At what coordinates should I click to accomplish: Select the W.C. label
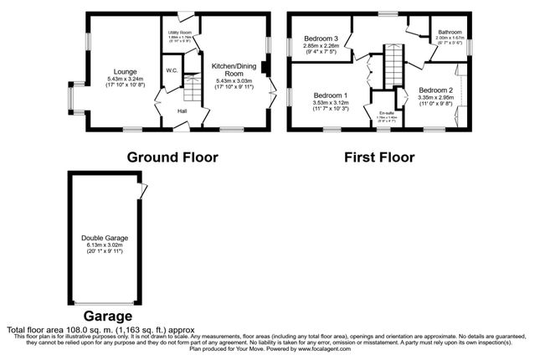[x=170, y=69]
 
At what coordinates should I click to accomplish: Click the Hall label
[x=183, y=110]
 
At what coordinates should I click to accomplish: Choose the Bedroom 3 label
[x=320, y=39]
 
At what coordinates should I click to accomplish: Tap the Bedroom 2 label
[x=435, y=90]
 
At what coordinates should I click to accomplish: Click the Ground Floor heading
[x=172, y=157]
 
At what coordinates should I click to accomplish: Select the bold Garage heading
[x=106, y=316]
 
